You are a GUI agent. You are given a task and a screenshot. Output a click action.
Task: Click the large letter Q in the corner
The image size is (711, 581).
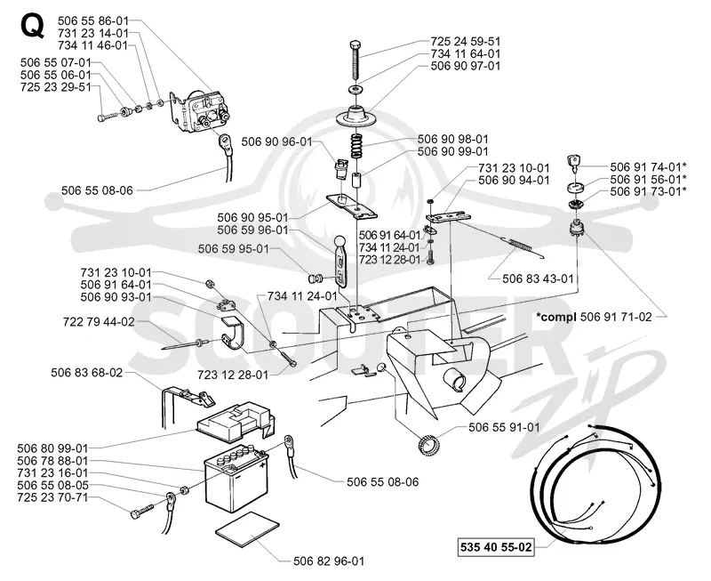(33, 26)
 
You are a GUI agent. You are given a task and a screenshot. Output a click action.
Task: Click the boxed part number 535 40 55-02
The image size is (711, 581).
(496, 547)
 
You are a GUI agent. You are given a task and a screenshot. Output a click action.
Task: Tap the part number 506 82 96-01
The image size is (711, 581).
(329, 561)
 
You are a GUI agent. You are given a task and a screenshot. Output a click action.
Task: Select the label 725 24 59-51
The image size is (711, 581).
(465, 41)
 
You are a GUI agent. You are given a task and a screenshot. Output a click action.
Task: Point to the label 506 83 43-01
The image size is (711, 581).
(538, 278)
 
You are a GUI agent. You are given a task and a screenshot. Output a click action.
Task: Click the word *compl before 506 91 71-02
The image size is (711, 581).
(556, 317)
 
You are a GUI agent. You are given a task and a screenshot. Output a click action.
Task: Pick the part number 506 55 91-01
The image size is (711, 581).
(504, 427)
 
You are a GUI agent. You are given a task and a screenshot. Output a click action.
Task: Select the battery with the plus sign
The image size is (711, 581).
(235, 479)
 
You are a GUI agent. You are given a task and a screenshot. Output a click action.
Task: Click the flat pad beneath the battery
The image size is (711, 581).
(248, 530)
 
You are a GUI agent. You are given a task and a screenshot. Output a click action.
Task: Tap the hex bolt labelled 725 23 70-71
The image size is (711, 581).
(144, 510)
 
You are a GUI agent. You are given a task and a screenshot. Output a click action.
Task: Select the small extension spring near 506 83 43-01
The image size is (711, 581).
(521, 245)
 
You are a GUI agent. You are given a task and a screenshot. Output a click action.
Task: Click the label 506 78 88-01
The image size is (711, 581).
(52, 461)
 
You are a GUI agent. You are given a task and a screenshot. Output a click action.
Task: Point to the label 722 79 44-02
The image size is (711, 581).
(99, 322)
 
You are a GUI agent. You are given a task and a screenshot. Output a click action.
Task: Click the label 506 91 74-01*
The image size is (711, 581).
(648, 167)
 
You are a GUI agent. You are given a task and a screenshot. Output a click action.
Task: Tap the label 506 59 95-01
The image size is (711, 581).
(234, 249)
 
